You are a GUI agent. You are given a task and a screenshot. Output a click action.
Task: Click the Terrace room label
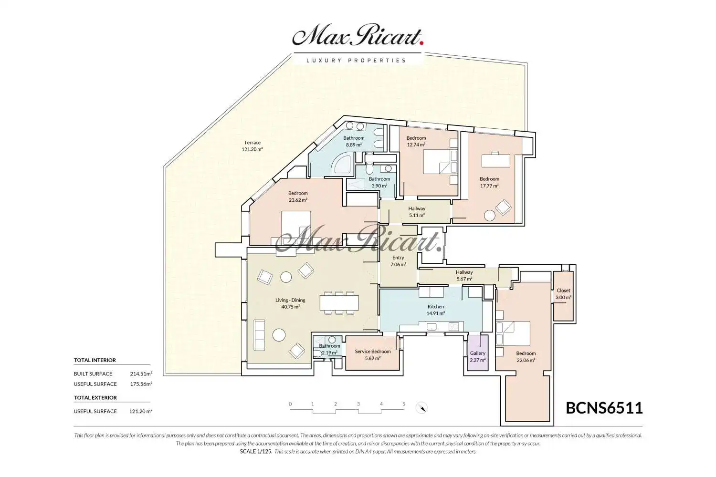(x=252, y=146)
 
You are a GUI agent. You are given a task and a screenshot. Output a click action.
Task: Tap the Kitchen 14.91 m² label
(x=436, y=310)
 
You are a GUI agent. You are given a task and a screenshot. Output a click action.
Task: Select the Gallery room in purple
(x=478, y=353)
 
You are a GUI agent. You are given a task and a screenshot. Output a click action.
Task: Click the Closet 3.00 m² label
(x=563, y=294)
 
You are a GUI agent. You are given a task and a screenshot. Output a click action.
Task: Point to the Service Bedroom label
(x=373, y=352)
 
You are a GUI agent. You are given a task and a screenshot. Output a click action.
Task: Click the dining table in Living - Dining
(x=339, y=303)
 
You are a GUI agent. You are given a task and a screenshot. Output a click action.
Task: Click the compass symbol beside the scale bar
(x=421, y=408)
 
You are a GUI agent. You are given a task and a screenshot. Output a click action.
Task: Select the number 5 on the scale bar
(x=404, y=404)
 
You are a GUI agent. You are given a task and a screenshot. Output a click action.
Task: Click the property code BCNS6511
(x=604, y=408)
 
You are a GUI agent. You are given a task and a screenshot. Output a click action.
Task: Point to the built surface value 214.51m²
(x=141, y=373)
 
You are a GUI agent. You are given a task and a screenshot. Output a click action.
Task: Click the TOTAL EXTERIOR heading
(x=95, y=397)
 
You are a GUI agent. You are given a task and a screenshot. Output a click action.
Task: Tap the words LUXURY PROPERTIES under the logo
(x=356, y=61)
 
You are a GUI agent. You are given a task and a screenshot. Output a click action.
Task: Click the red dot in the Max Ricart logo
(x=421, y=43)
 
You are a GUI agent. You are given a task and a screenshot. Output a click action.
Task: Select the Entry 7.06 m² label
(x=398, y=261)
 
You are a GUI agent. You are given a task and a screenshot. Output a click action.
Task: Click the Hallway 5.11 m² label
(x=417, y=212)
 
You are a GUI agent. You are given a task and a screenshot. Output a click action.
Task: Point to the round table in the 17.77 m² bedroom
(x=489, y=216)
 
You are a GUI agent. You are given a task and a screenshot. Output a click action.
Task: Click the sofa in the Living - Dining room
(x=259, y=334)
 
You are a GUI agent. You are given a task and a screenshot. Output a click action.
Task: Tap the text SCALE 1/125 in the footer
(x=256, y=451)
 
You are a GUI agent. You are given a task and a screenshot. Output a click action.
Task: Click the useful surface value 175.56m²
(x=141, y=384)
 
